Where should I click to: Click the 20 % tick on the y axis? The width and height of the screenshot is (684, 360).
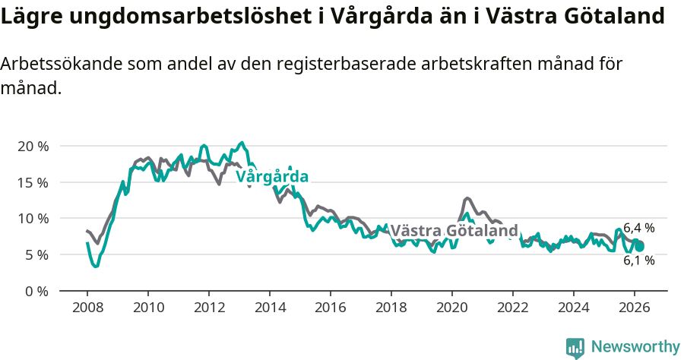click(33, 146)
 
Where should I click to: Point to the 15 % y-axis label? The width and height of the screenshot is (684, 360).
click(33, 182)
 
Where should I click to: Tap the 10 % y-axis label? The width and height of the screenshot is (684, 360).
click(33, 219)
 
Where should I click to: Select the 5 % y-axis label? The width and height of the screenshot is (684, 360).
click(36, 255)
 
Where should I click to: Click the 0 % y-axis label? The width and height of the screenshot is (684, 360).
click(36, 291)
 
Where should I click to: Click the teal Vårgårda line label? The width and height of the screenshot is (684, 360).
click(272, 177)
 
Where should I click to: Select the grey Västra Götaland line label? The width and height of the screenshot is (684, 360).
click(454, 230)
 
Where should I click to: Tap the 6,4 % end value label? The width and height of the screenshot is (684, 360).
click(638, 228)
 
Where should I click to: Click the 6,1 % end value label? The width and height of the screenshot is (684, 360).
click(638, 261)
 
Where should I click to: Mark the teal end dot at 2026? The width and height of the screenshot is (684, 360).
click(640, 247)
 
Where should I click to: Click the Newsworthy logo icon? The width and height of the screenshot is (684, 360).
click(575, 347)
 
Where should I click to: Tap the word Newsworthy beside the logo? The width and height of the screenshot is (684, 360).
click(635, 347)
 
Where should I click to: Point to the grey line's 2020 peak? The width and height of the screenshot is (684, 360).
click(467, 198)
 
